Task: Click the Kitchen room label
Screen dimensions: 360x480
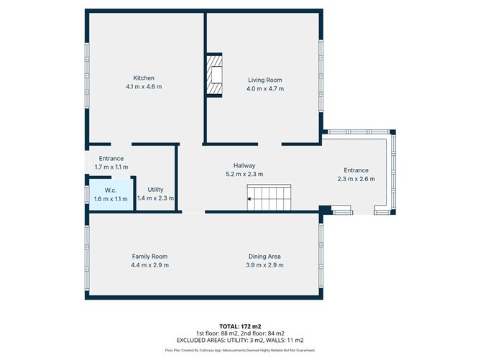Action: tap(144, 78)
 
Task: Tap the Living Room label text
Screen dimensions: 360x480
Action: tap(265, 80)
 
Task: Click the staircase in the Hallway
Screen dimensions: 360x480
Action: tap(269, 197)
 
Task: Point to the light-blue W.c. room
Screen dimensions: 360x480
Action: tap(111, 194)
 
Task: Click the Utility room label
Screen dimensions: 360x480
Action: tap(155, 188)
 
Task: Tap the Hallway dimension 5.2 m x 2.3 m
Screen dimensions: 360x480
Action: tap(244, 174)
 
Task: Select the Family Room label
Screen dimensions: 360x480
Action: tap(149, 257)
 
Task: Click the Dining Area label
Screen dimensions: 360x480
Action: tap(264, 257)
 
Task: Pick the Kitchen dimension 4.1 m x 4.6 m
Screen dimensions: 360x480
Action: tap(144, 88)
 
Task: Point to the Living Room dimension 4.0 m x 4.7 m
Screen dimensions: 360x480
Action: tap(265, 89)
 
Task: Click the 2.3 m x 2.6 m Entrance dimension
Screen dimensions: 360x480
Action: tap(356, 180)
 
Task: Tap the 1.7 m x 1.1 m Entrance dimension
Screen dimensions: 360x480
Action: tap(111, 167)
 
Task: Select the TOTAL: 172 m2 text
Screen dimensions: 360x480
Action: tap(239, 326)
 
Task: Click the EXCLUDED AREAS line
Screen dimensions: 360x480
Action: tap(239, 340)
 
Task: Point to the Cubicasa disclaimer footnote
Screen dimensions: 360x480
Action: tap(239, 351)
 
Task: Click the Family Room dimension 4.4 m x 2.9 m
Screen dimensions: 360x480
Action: tap(149, 266)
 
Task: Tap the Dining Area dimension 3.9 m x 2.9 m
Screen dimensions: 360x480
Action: tap(264, 266)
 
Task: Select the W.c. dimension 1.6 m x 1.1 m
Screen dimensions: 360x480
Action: tap(111, 199)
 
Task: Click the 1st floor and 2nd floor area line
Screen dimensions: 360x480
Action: tap(239, 333)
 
